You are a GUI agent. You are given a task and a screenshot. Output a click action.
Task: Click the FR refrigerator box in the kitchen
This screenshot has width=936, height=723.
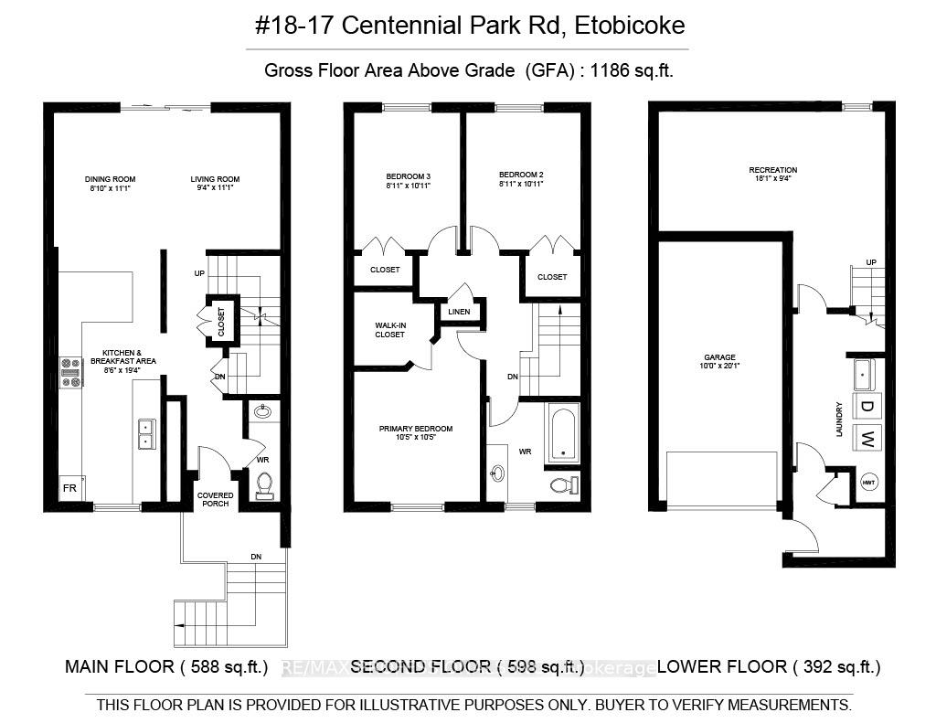tap(69, 489)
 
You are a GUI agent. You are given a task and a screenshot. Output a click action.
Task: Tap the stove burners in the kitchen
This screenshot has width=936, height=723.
tap(70, 373)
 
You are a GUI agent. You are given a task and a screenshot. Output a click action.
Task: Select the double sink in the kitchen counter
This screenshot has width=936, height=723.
tap(145, 434)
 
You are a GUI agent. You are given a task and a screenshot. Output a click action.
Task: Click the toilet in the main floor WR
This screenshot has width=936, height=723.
tap(265, 484)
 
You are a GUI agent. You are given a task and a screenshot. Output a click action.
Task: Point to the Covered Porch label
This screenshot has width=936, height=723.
tap(215, 500)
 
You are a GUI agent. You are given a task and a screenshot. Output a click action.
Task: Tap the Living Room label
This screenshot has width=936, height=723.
tap(215, 183)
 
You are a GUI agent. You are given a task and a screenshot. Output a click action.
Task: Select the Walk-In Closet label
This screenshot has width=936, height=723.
tap(389, 330)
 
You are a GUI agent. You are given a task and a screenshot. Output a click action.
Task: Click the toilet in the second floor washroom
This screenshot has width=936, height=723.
tap(564, 485)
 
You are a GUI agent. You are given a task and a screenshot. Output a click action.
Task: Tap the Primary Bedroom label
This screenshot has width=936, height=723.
tap(416, 433)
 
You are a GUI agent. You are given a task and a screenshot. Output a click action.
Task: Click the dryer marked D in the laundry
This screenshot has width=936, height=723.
tap(865, 406)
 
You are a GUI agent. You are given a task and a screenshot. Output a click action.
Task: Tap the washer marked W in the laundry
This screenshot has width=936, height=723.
tap(865, 438)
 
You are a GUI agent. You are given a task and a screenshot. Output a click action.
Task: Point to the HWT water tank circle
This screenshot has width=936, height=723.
tap(868, 483)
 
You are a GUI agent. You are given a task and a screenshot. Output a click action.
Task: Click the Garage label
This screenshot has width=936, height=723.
tap(720, 362)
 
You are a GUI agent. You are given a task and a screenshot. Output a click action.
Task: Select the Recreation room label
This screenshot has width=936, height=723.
tap(772, 174)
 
